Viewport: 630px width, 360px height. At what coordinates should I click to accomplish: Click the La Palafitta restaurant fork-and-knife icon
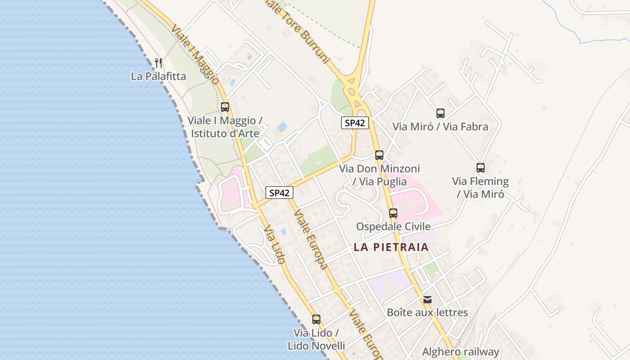158,63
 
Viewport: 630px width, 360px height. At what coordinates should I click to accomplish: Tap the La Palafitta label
158,76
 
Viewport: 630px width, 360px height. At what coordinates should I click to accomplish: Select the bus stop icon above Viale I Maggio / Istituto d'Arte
225,107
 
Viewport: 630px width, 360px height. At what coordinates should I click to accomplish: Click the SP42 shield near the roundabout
355,123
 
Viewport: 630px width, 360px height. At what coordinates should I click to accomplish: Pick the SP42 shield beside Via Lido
279,193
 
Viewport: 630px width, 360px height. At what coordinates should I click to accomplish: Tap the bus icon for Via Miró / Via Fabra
441,113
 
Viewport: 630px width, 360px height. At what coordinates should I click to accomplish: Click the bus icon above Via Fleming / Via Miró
481,168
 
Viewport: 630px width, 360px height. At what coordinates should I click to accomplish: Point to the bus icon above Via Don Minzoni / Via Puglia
379,155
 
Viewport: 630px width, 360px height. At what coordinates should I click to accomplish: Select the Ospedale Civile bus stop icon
393,213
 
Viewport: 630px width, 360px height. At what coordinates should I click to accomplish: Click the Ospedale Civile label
393,226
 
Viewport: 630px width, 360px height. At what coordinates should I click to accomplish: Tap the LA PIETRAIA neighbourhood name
391,247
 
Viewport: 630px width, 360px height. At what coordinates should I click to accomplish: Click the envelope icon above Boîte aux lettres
427,299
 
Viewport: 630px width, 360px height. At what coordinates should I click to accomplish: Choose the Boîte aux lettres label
427,312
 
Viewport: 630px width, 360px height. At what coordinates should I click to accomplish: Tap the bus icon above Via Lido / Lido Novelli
316,319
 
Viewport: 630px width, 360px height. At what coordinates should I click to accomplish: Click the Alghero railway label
461,352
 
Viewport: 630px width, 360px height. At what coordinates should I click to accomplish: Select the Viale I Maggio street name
195,54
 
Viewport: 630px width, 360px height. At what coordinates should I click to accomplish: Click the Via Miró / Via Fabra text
441,126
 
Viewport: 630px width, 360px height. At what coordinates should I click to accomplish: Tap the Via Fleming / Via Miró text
481,188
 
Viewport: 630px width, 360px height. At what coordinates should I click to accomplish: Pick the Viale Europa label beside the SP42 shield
310,238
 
